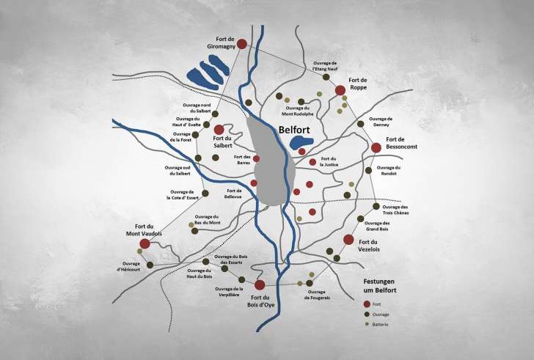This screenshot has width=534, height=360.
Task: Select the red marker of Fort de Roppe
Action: coord(340,90)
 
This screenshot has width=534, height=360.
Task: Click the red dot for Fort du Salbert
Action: coord(219,129)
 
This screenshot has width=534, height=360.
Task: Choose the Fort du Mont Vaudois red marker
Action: coord(145,243)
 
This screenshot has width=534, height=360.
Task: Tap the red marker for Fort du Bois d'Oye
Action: coord(260,284)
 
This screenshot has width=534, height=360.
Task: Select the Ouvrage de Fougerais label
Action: coord(320,295)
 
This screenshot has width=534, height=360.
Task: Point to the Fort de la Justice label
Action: coord(328,162)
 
